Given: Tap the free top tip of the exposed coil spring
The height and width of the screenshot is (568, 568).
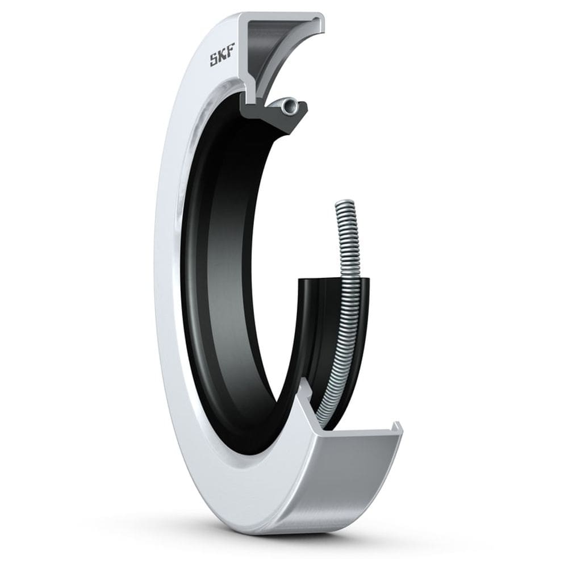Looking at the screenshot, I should pos(344,203).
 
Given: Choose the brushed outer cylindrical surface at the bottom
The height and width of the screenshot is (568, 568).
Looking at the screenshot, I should pos(352,483).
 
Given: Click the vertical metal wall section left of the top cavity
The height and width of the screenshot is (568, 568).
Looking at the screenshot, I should pos(248,62).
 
